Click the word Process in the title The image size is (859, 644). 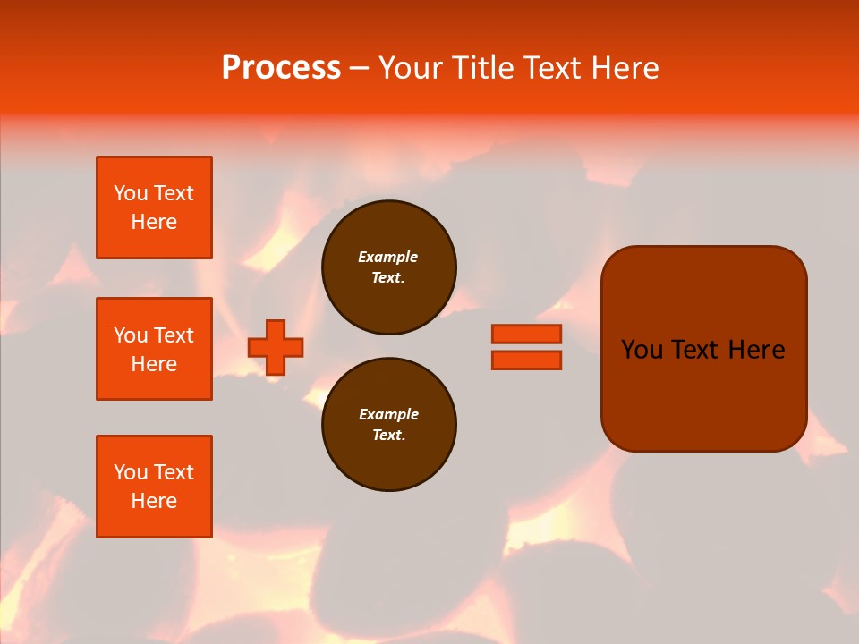tap(281, 68)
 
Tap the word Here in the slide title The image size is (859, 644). tap(626, 68)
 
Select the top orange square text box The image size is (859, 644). tap(154, 208)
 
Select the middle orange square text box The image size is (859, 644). tap(154, 349)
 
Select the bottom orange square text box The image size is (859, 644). tap(154, 487)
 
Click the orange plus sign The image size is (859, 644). tap(276, 347)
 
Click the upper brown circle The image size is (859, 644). tap(388, 267)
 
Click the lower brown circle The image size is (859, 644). tap(388, 425)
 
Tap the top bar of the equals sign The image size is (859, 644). tap(526, 334)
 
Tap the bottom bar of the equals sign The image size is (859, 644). tap(526, 360)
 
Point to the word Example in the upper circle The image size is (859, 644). tap(387, 257)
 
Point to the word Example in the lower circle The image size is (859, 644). tap(388, 414)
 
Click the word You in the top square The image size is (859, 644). tap(131, 193)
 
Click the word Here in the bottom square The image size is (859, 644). tap(154, 501)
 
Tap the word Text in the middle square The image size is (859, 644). tap(173, 335)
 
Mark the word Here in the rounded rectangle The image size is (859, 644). tap(756, 350)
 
